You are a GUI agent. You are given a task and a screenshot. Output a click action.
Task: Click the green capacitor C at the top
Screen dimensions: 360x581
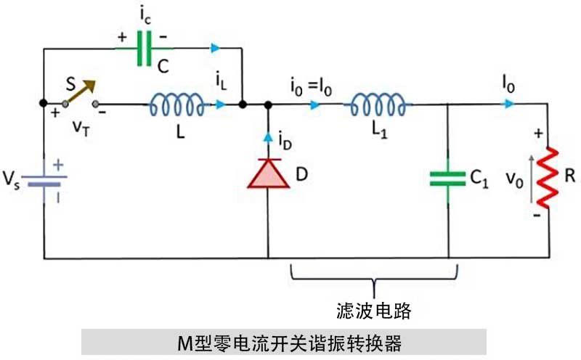pyautogui.click(x=145, y=49)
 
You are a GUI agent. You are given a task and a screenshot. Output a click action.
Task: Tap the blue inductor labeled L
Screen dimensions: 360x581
pyautogui.click(x=176, y=106)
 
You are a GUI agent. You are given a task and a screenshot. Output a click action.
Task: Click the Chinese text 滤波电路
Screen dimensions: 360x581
pyautogui.click(x=374, y=311)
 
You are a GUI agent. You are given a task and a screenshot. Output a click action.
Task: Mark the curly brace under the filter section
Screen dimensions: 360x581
pyautogui.click(x=373, y=275)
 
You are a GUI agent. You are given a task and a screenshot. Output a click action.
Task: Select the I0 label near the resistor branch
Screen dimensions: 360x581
pyautogui.click(x=508, y=86)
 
